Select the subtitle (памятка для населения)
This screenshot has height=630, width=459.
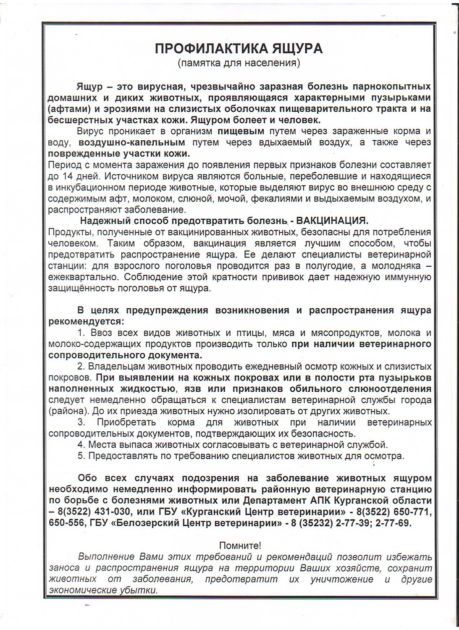tap(239, 63)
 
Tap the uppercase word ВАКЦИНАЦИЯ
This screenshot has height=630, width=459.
tap(332, 220)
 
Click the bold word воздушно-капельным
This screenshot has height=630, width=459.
tap(131, 142)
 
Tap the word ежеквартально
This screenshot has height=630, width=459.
tap(74, 277)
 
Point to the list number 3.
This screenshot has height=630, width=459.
tap(81, 422)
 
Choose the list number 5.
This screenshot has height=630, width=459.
tap(81, 456)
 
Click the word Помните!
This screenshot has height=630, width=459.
tap(240, 546)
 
